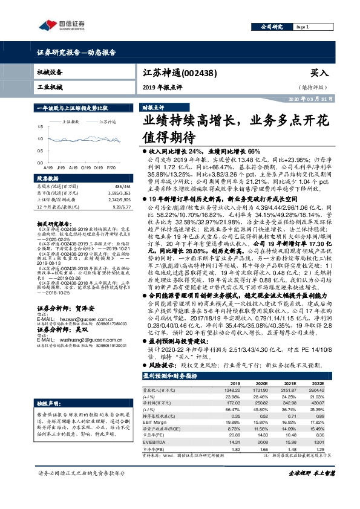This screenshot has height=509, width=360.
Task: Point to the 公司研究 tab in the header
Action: [272, 27]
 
